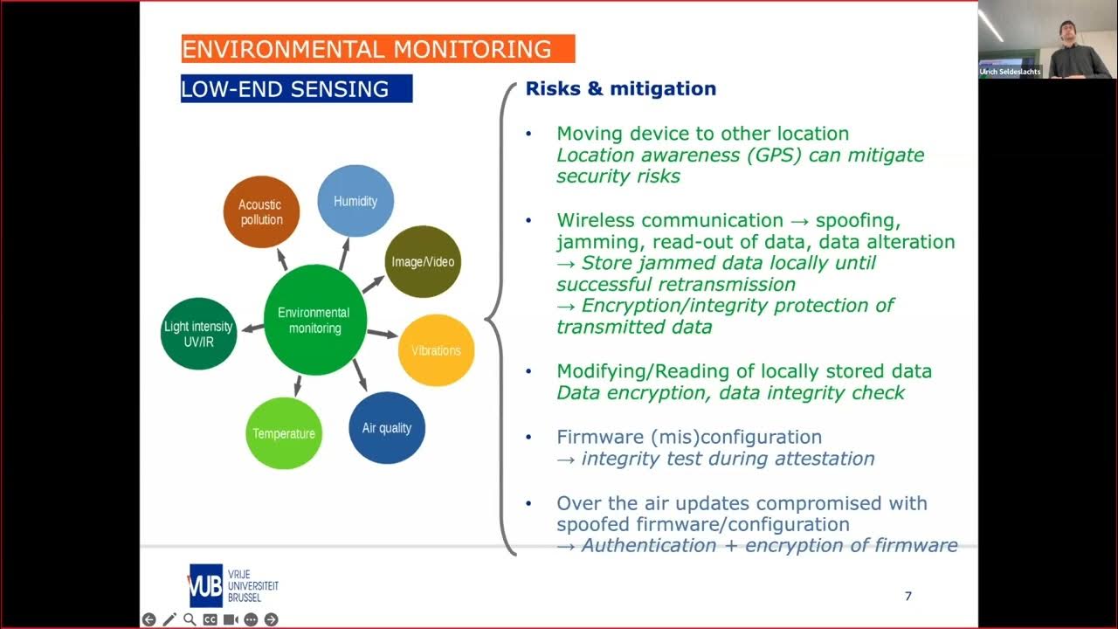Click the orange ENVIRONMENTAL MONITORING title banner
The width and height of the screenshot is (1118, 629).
point(377,49)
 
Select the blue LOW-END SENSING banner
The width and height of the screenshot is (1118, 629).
point(296,89)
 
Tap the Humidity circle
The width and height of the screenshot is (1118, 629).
point(355,202)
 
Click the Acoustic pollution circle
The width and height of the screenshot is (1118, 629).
point(260,212)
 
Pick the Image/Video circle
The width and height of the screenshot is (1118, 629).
point(422,262)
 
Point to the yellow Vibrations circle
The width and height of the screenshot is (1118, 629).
point(435,350)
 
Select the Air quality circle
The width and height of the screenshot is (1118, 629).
point(386,428)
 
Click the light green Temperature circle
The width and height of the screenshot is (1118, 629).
point(283,433)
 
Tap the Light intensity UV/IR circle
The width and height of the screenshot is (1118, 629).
point(199,334)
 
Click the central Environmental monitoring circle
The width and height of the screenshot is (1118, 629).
point(314,321)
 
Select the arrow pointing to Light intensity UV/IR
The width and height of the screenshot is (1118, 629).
point(252,328)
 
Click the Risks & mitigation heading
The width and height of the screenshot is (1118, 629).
point(620,89)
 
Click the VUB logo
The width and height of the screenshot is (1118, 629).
point(205,585)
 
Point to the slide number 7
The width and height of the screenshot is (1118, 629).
point(908,597)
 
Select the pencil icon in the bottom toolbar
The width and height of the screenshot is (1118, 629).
point(169,619)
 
